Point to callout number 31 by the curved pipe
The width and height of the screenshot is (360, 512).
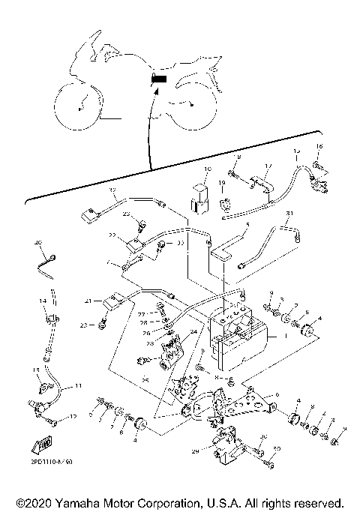pyautogui.click(x=289, y=214)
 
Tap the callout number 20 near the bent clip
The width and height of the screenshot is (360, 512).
pyautogui.click(x=38, y=243)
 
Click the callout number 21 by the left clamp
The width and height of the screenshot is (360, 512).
pyautogui.click(x=87, y=301)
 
